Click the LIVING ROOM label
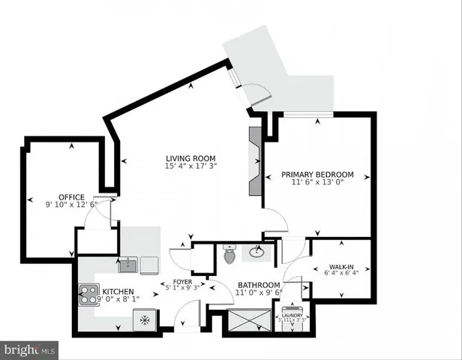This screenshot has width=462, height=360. [x=190, y=157]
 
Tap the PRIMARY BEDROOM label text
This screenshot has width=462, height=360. [x=317, y=174]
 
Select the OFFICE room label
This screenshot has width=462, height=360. [x=71, y=197]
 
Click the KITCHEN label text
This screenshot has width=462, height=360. [x=118, y=292]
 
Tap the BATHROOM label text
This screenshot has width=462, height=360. [x=259, y=285]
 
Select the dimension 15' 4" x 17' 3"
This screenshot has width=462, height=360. [x=190, y=166]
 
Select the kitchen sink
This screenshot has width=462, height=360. [x=130, y=264]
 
